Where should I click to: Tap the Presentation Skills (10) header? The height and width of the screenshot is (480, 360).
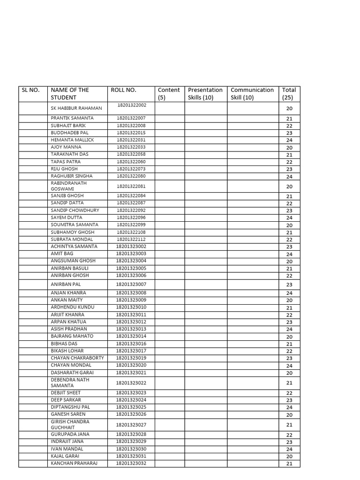pos(205,94)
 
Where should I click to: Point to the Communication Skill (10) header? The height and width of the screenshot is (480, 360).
pos(252,94)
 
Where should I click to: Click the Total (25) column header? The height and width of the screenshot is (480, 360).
pos(289,94)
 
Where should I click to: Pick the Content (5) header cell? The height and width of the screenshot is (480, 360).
pos(169,94)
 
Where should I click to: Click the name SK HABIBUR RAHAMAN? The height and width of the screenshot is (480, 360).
pos(76,108)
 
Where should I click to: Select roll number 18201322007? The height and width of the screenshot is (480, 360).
pos(131,118)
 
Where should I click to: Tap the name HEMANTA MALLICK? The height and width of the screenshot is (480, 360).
pos(72,140)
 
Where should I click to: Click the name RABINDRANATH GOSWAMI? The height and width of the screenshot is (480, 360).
pos(69,186)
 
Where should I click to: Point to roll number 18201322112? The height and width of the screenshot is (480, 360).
pos(131,239)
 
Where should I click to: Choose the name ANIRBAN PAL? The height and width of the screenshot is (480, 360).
pos(66,284)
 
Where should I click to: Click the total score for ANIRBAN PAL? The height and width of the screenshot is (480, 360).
pos(289,285)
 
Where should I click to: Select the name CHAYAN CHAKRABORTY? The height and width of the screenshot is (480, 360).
pos(77,358)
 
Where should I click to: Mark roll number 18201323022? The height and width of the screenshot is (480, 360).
pos(131,383)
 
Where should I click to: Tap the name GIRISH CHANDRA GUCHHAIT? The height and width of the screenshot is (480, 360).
pos(70,425)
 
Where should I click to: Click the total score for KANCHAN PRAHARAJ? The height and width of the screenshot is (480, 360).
pos(289,464)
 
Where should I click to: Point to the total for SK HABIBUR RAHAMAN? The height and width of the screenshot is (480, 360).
pos(289,108)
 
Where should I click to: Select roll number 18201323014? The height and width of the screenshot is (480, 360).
pos(131,336)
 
